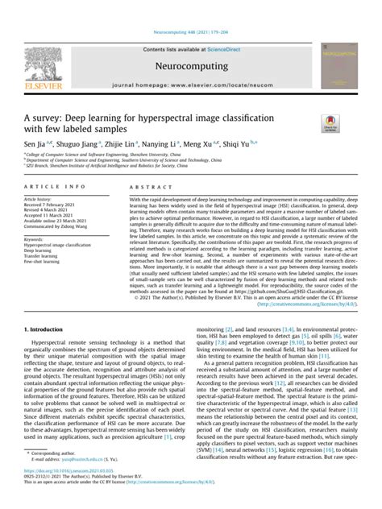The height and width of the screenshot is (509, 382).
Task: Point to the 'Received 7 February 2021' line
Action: (52, 204)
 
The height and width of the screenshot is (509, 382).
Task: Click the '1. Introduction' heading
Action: (48, 307)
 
